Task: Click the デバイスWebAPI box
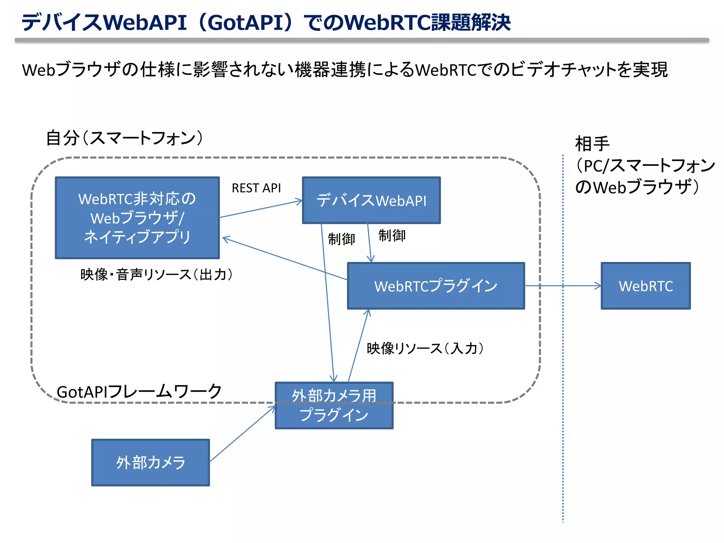[371, 200]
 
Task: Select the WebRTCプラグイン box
[436, 286]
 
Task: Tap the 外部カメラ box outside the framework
[151, 462]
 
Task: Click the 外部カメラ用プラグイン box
[334, 405]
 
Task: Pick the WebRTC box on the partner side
[646, 286]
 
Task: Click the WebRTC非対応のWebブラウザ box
[137, 218]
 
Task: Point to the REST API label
[256, 188]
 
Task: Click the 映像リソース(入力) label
[425, 349]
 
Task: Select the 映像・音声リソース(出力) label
[156, 275]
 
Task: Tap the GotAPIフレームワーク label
[139, 392]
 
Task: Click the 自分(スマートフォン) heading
[124, 138]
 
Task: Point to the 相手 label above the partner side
[592, 144]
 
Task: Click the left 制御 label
[341, 239]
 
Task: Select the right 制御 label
[392, 235]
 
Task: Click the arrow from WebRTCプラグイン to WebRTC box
[562, 286]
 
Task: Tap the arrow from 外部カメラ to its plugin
[243, 434]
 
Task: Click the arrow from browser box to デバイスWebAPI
[261, 209]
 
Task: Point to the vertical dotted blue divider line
[563, 424]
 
